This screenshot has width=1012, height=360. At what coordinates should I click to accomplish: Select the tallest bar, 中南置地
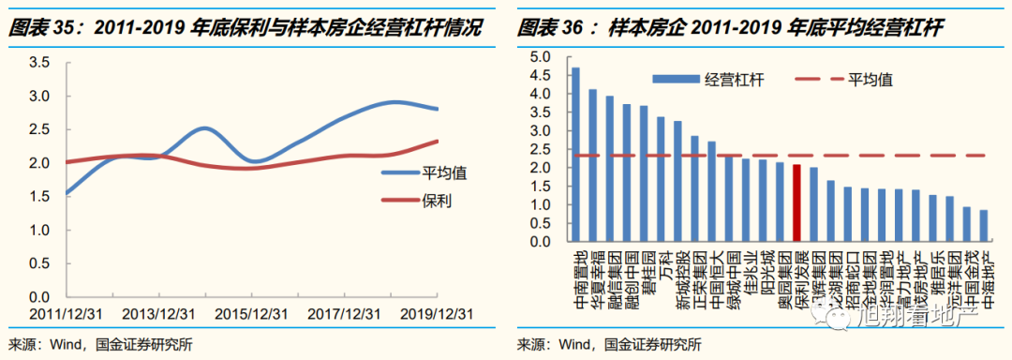pyautogui.click(x=575, y=155)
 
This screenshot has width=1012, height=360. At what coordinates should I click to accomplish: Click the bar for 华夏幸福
pyautogui.click(x=592, y=165)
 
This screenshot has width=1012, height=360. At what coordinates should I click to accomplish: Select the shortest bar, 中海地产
pyautogui.click(x=983, y=226)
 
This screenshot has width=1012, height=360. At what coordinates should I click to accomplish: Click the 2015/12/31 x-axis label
pyautogui.click(x=253, y=313)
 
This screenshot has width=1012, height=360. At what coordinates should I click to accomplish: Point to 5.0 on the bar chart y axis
pyautogui.click(x=543, y=57)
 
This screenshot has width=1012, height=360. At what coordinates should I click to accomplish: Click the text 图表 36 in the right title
pyautogui.click(x=548, y=28)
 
